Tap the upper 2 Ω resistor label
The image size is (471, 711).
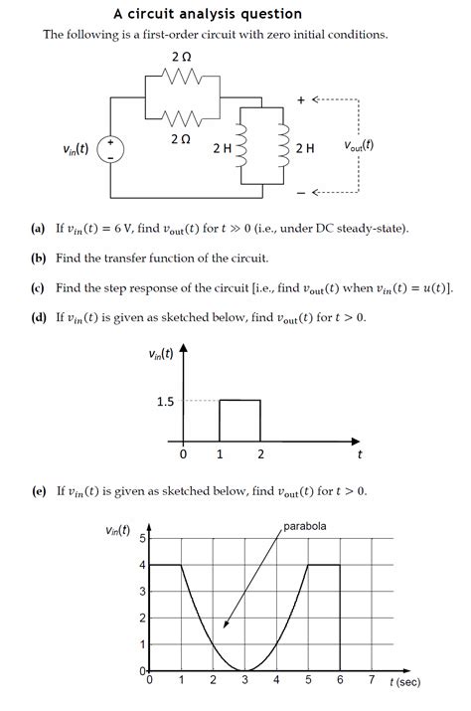coord(180,58)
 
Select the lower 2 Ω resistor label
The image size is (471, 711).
coord(180,140)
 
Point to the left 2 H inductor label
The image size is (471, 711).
coord(223,149)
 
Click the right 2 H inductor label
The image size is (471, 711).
coord(305,149)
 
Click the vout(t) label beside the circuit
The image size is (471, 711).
coord(359,144)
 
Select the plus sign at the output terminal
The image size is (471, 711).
coord(301,100)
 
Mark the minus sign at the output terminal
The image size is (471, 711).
coord(301,191)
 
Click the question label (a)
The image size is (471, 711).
coord(38,229)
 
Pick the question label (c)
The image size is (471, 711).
coord(38,288)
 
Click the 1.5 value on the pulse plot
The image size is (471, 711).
coord(165,402)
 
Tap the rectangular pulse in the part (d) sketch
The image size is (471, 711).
coord(239,421)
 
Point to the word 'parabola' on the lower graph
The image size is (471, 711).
coord(305,526)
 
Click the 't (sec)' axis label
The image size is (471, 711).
coord(404,683)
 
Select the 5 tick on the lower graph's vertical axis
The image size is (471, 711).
coord(142,539)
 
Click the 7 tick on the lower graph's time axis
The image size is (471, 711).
coord(371,681)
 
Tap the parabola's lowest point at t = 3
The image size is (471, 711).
coord(244,670)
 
